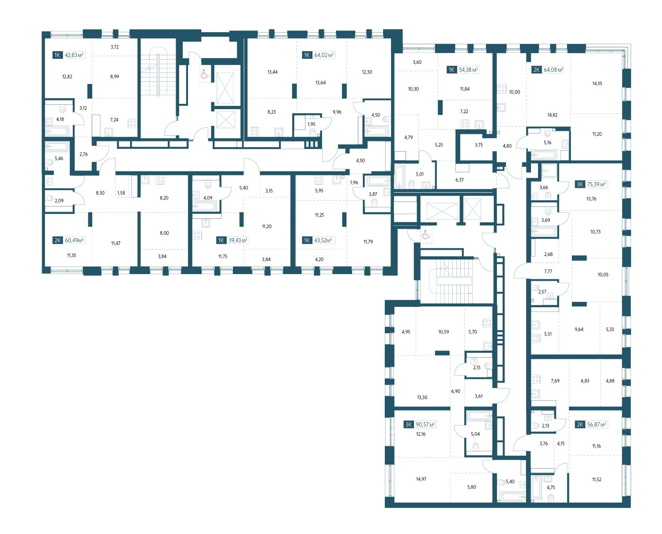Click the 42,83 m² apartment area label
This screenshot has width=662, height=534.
click(x=74, y=55)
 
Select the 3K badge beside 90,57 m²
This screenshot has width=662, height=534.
click(x=408, y=425)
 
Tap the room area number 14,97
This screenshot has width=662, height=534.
click(x=421, y=479)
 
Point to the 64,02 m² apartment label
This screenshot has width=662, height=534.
click(x=324, y=55)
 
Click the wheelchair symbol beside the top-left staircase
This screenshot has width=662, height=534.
click(x=205, y=75)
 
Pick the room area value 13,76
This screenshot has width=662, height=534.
click(x=591, y=199)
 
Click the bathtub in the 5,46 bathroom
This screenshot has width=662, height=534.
click(x=57, y=147)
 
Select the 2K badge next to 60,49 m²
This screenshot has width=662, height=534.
click(x=57, y=240)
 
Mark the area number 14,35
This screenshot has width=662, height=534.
click(x=597, y=84)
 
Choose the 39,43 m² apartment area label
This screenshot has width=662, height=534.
click(x=238, y=240)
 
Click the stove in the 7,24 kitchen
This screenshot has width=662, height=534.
click(x=132, y=124)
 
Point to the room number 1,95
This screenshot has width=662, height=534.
click(x=311, y=124)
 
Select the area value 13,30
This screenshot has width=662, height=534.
click(x=422, y=397)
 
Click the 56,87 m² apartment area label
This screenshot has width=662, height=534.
click(x=597, y=425)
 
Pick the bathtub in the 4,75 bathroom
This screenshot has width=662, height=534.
click(x=536, y=487)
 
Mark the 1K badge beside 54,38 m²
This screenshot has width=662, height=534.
click(x=451, y=70)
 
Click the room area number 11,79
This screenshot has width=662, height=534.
click(x=368, y=242)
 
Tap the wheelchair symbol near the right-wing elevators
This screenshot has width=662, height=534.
click(x=426, y=235)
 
